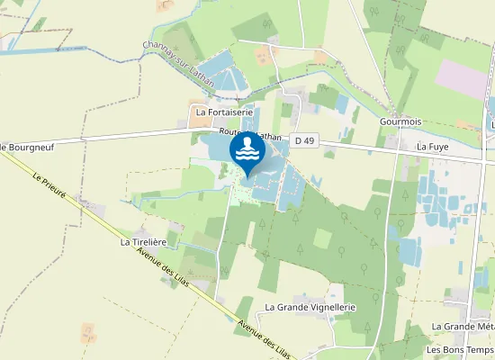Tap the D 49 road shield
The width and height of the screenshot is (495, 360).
pyautogui.click(x=306, y=139)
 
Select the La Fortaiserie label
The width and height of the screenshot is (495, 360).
pyautogui.click(x=225, y=112)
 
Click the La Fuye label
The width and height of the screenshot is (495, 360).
pyautogui.click(x=432, y=145)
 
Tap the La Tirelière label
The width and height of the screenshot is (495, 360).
pyautogui.click(x=144, y=242)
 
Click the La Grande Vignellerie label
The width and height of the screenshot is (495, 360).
pyautogui.click(x=310, y=307)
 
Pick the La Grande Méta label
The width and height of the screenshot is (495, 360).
pyautogui.click(x=463, y=327)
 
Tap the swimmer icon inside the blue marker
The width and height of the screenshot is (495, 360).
pyautogui.click(x=247, y=148)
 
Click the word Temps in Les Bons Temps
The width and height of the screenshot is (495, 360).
pyautogui.click(x=481, y=350)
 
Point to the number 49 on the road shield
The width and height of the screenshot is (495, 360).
pyautogui.click(x=310, y=139)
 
